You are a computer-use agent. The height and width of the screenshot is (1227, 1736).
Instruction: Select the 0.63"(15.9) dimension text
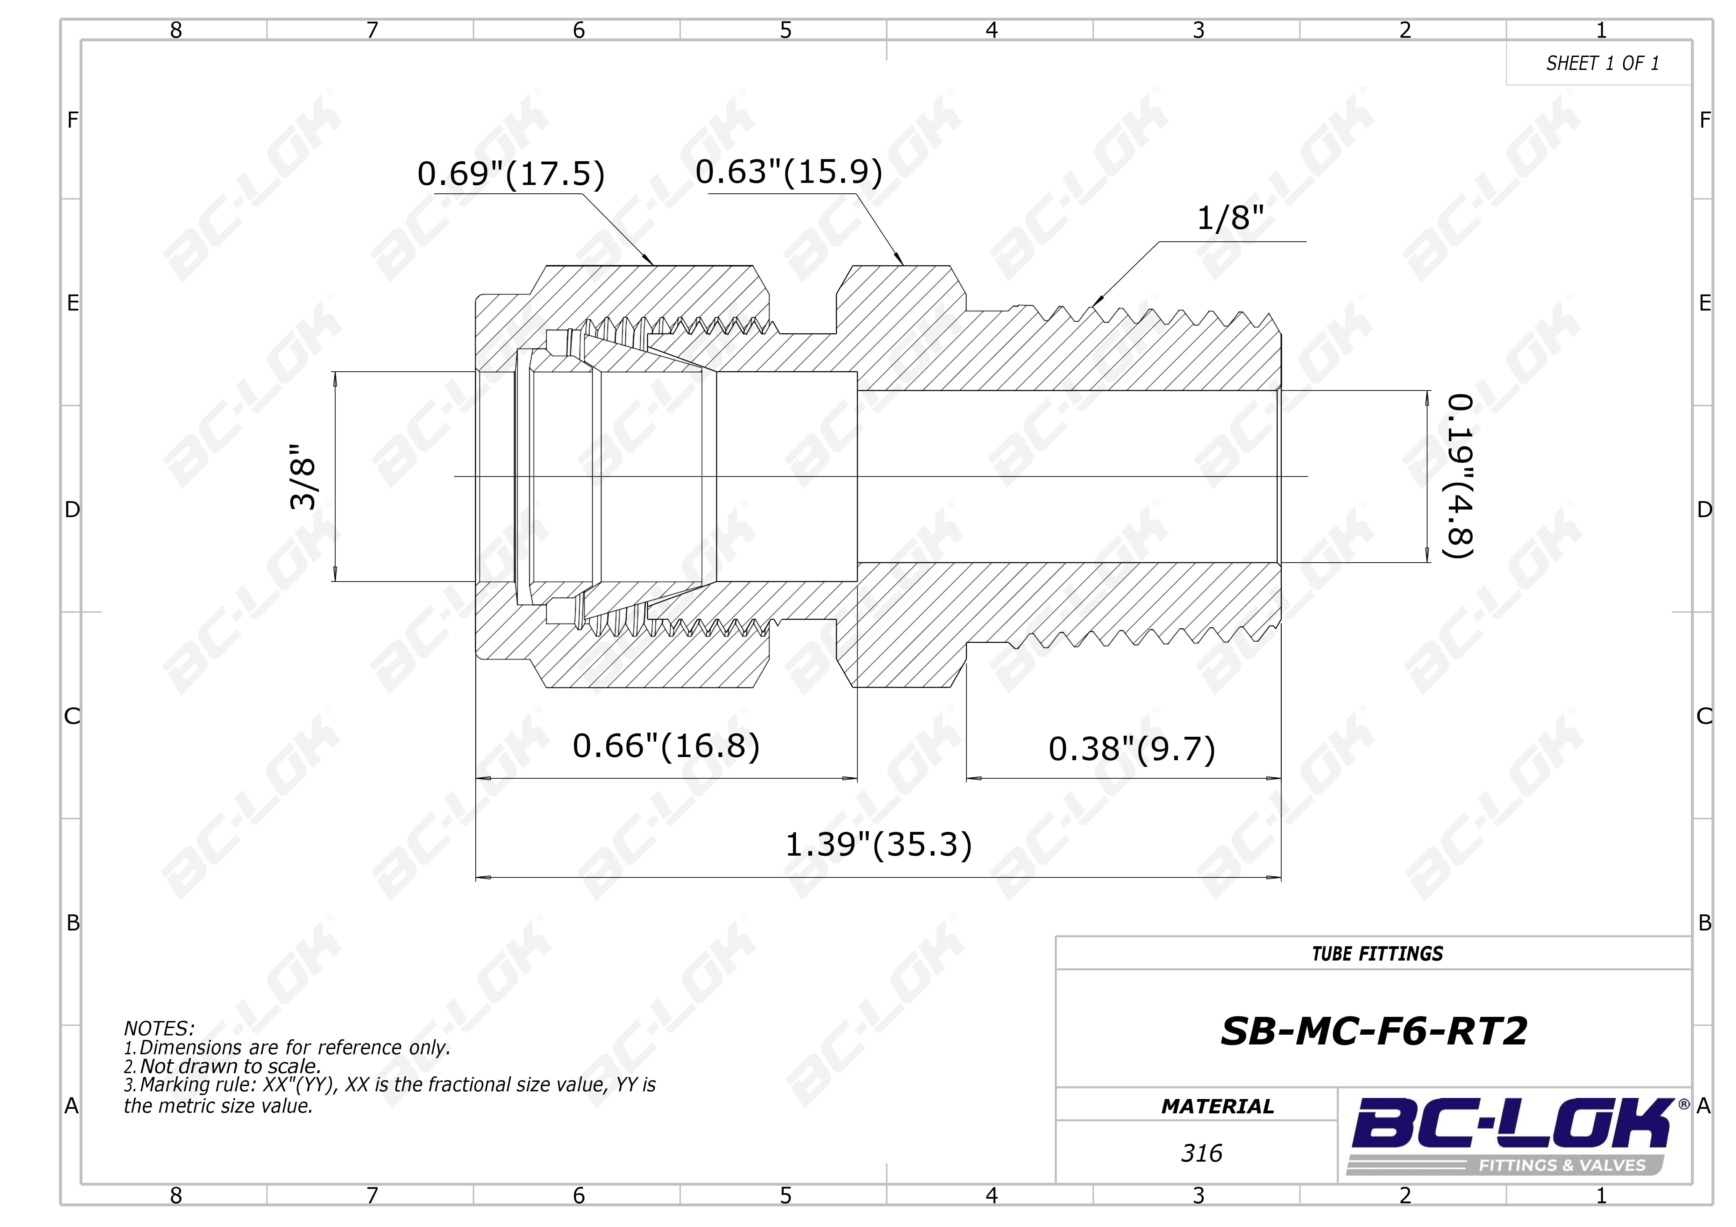pos(789,172)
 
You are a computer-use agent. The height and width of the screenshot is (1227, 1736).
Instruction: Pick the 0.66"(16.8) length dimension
pos(666,746)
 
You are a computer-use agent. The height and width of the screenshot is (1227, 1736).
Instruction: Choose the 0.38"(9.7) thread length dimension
pos(1132,749)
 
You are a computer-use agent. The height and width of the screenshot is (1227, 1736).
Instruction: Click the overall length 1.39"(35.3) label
pos(878,844)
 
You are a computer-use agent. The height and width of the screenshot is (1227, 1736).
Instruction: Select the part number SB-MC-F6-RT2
pos(1374,1031)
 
